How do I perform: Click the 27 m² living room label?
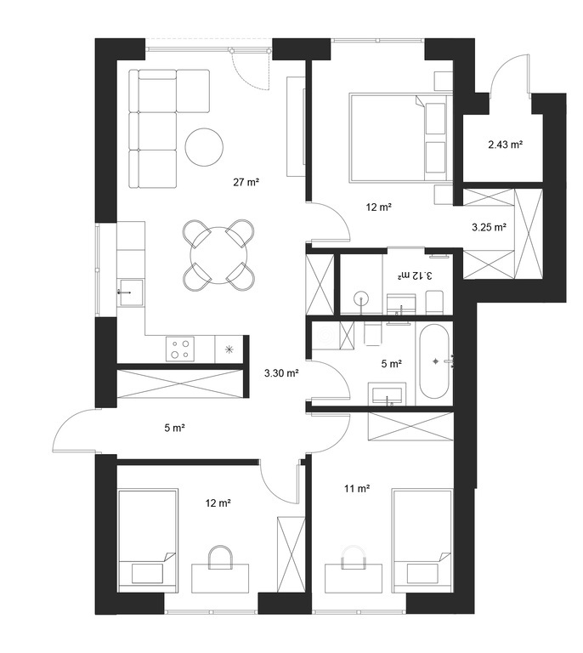[x=246, y=182]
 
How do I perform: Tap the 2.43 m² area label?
[x=505, y=145]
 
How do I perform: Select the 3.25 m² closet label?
[x=489, y=227]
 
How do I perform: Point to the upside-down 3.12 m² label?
[x=414, y=275]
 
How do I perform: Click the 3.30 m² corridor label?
[x=281, y=373]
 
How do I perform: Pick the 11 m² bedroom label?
[x=357, y=488]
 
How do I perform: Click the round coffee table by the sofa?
[x=204, y=147]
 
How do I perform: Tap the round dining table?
[x=218, y=255]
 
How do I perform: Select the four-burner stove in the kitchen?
[x=180, y=349]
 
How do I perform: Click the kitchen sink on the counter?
[x=130, y=292]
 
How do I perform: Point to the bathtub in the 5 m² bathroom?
[x=434, y=362]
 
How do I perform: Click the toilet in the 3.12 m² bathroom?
[x=434, y=302]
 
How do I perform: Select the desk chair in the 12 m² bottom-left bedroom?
[x=220, y=558]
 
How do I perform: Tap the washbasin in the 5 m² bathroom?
[x=387, y=394]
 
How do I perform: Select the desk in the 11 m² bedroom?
[x=354, y=578]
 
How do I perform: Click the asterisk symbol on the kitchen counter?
[x=229, y=349]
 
